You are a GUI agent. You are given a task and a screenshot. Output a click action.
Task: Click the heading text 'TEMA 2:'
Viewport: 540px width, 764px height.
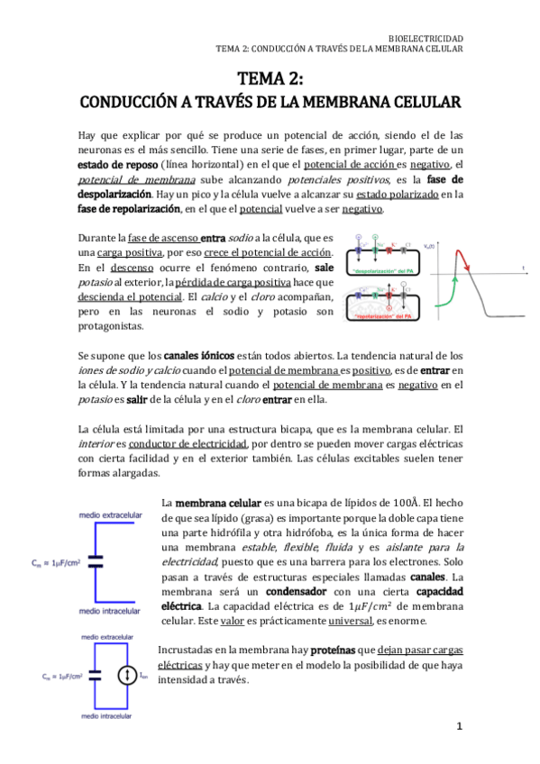[270, 78]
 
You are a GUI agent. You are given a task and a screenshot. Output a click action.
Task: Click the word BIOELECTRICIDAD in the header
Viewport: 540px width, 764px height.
[425, 38]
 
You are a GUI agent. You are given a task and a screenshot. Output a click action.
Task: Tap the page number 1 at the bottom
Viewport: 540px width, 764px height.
[458, 725]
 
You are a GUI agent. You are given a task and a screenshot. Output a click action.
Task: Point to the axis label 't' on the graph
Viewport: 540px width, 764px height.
[523, 267]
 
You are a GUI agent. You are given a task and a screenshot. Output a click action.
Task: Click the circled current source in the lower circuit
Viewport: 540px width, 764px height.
[130, 676]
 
